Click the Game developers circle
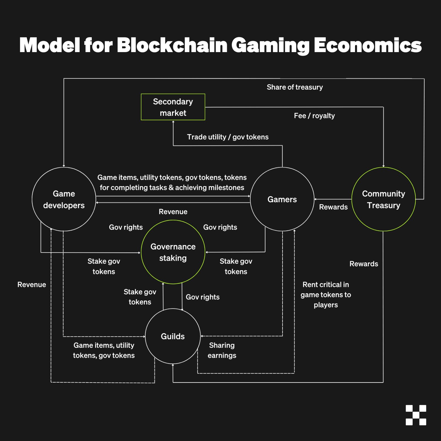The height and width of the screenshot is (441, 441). (x=64, y=199)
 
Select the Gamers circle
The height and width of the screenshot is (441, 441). (x=282, y=199)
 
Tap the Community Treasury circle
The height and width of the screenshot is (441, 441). (x=383, y=199)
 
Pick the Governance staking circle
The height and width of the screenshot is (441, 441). (x=173, y=252)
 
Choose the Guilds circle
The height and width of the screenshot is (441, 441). (x=173, y=336)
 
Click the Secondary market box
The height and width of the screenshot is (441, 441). (x=173, y=107)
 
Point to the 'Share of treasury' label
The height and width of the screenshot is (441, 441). (x=295, y=87)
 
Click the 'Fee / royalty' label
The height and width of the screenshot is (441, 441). (x=314, y=116)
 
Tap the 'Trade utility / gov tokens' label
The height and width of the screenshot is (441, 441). (x=228, y=137)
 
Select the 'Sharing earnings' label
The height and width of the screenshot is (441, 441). (x=222, y=350)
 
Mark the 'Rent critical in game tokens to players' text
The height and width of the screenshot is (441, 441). (x=326, y=295)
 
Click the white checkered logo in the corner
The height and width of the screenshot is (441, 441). (x=416, y=415)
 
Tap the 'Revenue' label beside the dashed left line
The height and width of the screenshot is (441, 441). (x=32, y=285)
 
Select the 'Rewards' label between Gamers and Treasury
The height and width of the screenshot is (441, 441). (x=333, y=207)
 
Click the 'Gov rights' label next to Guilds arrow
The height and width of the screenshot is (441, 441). (x=203, y=297)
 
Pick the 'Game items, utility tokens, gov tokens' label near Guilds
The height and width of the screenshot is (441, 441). (x=104, y=350)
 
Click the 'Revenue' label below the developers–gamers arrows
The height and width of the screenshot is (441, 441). (x=173, y=212)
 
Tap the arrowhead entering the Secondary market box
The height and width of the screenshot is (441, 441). (x=173, y=122)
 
